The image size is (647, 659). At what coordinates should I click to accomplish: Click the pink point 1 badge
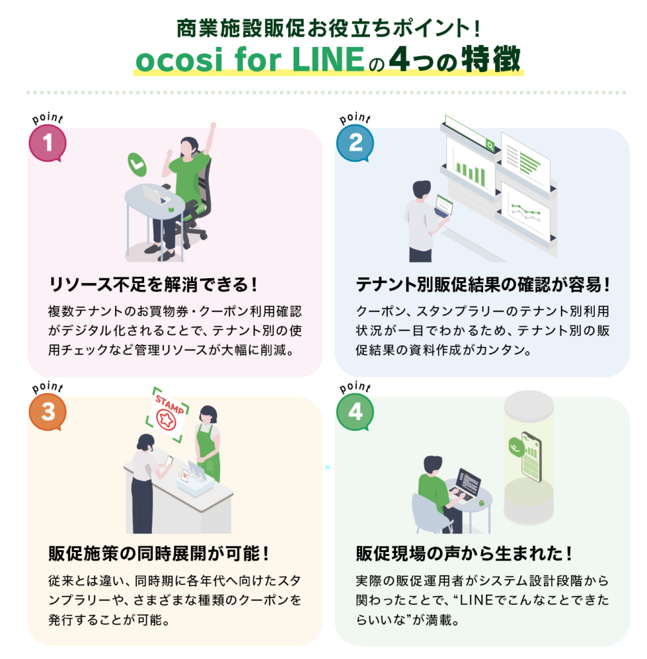tap(48, 143)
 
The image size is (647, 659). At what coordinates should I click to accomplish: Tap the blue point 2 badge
tap(355, 143)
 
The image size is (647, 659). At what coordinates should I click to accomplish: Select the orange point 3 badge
tap(48, 412)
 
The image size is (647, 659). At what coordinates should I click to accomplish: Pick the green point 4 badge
tap(355, 412)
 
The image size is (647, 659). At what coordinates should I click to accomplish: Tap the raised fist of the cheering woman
tap(213, 125)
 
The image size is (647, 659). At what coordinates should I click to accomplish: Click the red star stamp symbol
tap(166, 418)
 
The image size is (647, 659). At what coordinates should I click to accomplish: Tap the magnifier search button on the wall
tap(490, 145)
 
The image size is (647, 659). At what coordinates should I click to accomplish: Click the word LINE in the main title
tap(328, 60)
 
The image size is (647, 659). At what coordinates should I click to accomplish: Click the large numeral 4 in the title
tap(399, 59)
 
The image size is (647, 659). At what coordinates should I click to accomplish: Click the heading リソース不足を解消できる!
tap(153, 284)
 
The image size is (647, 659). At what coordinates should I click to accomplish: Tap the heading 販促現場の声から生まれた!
tap(464, 553)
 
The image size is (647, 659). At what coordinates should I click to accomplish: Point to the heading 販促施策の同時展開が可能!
tap(159, 553)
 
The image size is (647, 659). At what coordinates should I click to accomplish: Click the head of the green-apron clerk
tap(208, 414)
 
